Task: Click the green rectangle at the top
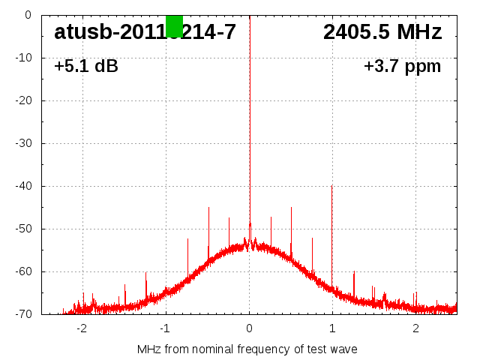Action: pos(174,25)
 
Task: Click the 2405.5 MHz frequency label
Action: pos(382,32)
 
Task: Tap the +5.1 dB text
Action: pos(86,67)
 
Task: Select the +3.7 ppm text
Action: pos(402,67)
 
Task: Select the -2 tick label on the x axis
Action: pos(82,328)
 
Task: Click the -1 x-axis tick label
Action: pos(165,328)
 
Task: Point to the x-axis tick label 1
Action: pos(332,328)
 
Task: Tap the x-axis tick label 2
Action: pos(415,328)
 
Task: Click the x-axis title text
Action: pos(247,349)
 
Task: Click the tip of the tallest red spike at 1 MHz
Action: pos(331,187)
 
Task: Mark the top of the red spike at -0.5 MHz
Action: pos(208,208)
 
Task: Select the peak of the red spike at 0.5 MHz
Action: pos(291,208)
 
